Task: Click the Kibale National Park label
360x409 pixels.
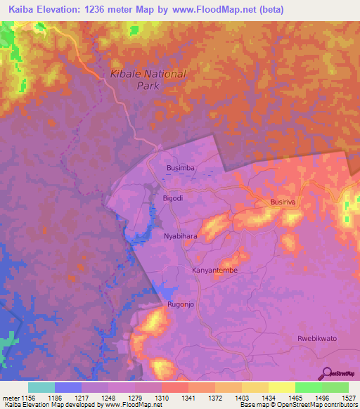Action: coord(148,79)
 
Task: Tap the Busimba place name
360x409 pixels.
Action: coord(180,169)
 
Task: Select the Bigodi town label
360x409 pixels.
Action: coord(173,199)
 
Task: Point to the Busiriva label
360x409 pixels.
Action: coord(285,202)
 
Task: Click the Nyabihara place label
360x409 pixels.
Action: coord(180,237)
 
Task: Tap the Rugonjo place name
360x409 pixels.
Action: coord(181,305)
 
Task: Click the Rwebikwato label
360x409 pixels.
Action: coord(317,338)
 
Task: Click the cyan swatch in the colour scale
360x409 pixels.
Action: coord(41,387)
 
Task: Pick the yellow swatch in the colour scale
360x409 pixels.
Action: coord(281,387)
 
